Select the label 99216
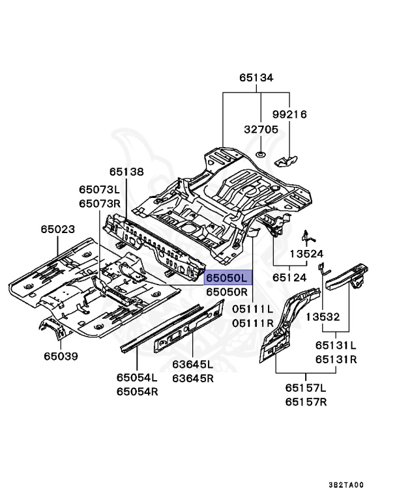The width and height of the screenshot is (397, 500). point(308,115)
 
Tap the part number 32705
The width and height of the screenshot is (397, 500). point(260,130)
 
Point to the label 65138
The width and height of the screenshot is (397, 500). point(126,172)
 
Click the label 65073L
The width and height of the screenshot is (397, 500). point(100,189)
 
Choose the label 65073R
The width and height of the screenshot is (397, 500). point(100,203)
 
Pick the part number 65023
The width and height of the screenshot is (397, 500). point(57,230)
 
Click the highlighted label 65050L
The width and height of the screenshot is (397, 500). point(227,278)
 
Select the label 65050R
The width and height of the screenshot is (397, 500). point(227,292)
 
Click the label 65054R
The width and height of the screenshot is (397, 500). point(137,391)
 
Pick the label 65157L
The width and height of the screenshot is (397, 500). point(304,388)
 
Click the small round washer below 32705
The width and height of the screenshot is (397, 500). point(260,154)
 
